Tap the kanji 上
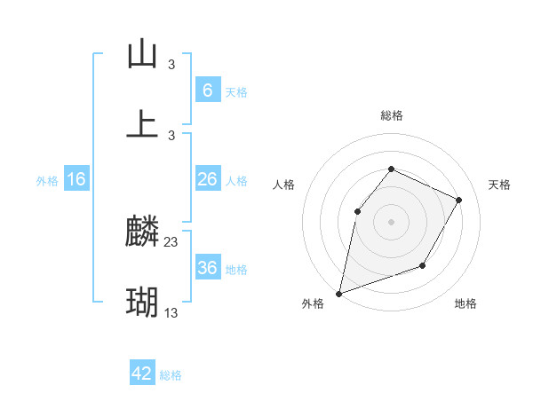[x=143, y=124]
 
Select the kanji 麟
[x=143, y=233]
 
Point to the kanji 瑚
[x=143, y=303]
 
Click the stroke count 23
[x=171, y=242]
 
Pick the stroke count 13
[x=171, y=312]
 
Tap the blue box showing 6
[x=207, y=90]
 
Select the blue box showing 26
[x=207, y=179]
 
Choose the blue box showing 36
[x=207, y=268]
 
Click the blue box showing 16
[x=76, y=179]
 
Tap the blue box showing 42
[x=142, y=374]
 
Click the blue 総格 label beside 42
[x=171, y=375]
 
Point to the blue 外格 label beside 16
[x=47, y=181]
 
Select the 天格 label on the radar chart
[x=499, y=185]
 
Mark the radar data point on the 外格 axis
[x=338, y=294]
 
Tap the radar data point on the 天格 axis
[x=459, y=200]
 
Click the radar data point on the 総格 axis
[x=391, y=169]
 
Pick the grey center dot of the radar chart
[x=391, y=221]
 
